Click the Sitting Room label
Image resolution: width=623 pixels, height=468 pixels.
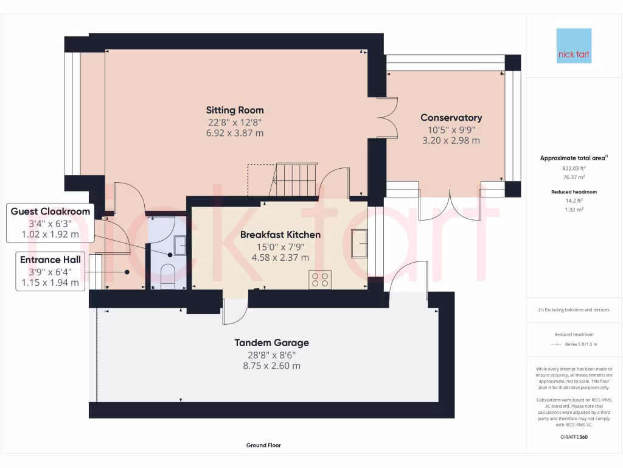tap(234, 110)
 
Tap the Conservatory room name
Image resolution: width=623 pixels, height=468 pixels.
tap(451, 118)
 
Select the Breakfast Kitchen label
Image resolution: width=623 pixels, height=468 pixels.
tap(280, 235)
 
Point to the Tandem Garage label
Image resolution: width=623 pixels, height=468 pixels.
tap(271, 342)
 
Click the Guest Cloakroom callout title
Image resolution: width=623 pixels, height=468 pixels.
tap(50, 211)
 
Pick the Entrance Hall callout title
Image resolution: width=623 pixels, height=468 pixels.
tap(50, 260)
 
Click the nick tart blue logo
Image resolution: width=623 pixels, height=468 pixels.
tap(574, 46)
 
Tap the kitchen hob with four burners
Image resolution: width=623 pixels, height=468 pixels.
tap(320, 279)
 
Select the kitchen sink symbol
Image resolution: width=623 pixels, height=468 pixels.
tap(359, 244)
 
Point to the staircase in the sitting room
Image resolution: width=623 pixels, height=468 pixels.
tap(293, 180)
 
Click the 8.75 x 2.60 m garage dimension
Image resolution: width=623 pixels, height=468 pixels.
tap(272, 366)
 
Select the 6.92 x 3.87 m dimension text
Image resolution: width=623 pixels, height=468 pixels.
tap(234, 133)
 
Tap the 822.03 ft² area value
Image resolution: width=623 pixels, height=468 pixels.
tap(574, 168)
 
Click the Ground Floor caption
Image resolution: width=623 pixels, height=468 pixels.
tap(263, 445)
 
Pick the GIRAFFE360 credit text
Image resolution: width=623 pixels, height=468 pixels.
tap(574, 437)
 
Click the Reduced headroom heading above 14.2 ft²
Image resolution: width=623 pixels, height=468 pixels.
tap(574, 192)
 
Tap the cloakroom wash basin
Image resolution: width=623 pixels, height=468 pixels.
tap(179, 246)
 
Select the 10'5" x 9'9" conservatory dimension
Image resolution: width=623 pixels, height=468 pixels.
tap(451, 130)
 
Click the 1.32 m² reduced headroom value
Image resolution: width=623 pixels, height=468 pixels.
tap(574, 210)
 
